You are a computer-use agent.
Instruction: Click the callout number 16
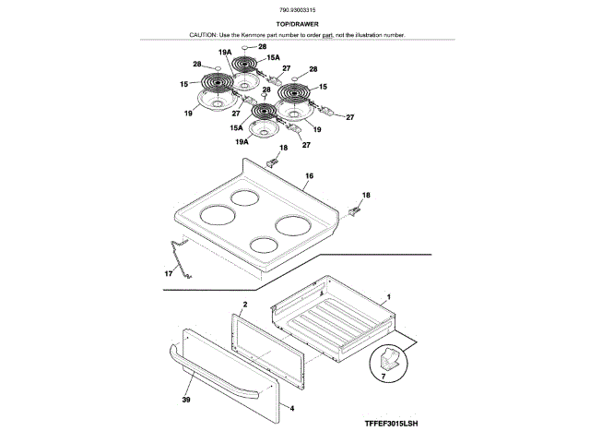309,175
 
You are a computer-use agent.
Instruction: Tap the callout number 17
169,274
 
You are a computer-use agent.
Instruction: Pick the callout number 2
245,304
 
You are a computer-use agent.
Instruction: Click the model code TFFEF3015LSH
390,423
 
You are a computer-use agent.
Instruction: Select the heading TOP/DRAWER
294,23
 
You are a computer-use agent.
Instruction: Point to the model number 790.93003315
294,10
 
